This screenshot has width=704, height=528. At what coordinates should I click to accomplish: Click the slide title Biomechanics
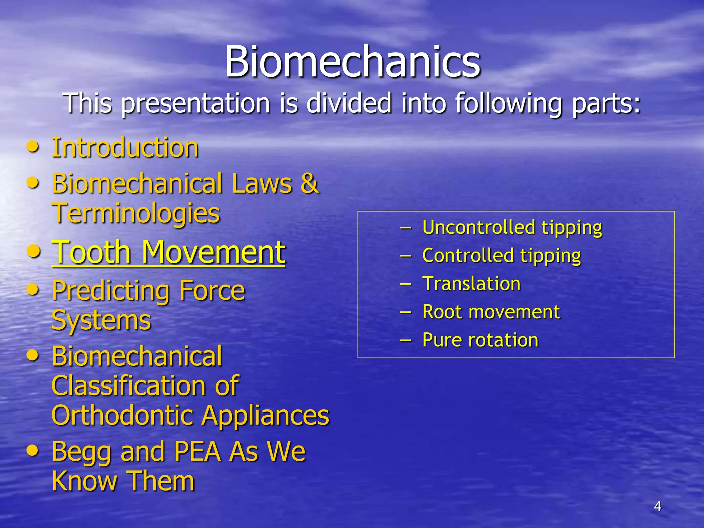pyautogui.click(x=352, y=62)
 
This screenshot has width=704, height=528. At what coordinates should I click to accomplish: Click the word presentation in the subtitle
pyautogui.click(x=196, y=103)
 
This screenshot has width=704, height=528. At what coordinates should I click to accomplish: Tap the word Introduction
pyautogui.click(x=125, y=148)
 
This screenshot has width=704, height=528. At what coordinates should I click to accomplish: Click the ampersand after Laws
pyautogui.click(x=309, y=184)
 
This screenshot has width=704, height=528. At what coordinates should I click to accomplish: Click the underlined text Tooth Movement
pyautogui.click(x=168, y=252)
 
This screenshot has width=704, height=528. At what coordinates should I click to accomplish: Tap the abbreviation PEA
pyautogui.click(x=197, y=451)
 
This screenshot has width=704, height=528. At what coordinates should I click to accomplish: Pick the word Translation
pyautogui.click(x=471, y=284)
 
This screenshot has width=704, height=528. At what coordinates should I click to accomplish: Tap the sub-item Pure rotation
pyautogui.click(x=480, y=340)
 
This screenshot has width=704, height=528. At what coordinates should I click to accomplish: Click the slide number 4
pyautogui.click(x=657, y=506)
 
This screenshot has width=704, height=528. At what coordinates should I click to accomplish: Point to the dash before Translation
pyautogui.click(x=406, y=284)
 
